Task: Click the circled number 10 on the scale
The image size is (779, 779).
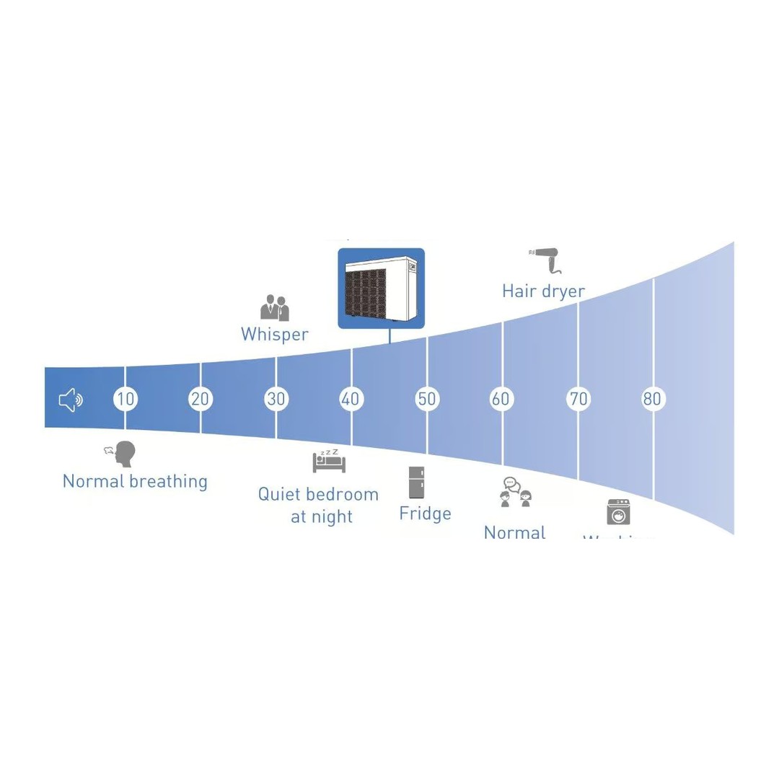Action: (126, 399)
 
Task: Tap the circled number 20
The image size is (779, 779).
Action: (200, 399)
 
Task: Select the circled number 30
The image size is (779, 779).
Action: (276, 399)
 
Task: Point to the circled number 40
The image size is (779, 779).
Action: (351, 399)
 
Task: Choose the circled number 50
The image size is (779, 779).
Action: (427, 399)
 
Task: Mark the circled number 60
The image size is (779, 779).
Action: (501, 399)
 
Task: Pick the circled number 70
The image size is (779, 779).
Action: (578, 399)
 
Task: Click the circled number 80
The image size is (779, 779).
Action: (652, 399)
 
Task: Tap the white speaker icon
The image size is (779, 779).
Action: (71, 400)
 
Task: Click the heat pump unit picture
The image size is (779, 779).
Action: (381, 288)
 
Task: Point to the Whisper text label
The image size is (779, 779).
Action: (275, 335)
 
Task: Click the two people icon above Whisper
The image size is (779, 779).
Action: (275, 307)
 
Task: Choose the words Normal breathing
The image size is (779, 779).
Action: (135, 481)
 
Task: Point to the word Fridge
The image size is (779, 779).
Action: (425, 514)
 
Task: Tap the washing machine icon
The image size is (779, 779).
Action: (618, 512)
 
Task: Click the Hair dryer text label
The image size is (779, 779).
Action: (543, 291)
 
